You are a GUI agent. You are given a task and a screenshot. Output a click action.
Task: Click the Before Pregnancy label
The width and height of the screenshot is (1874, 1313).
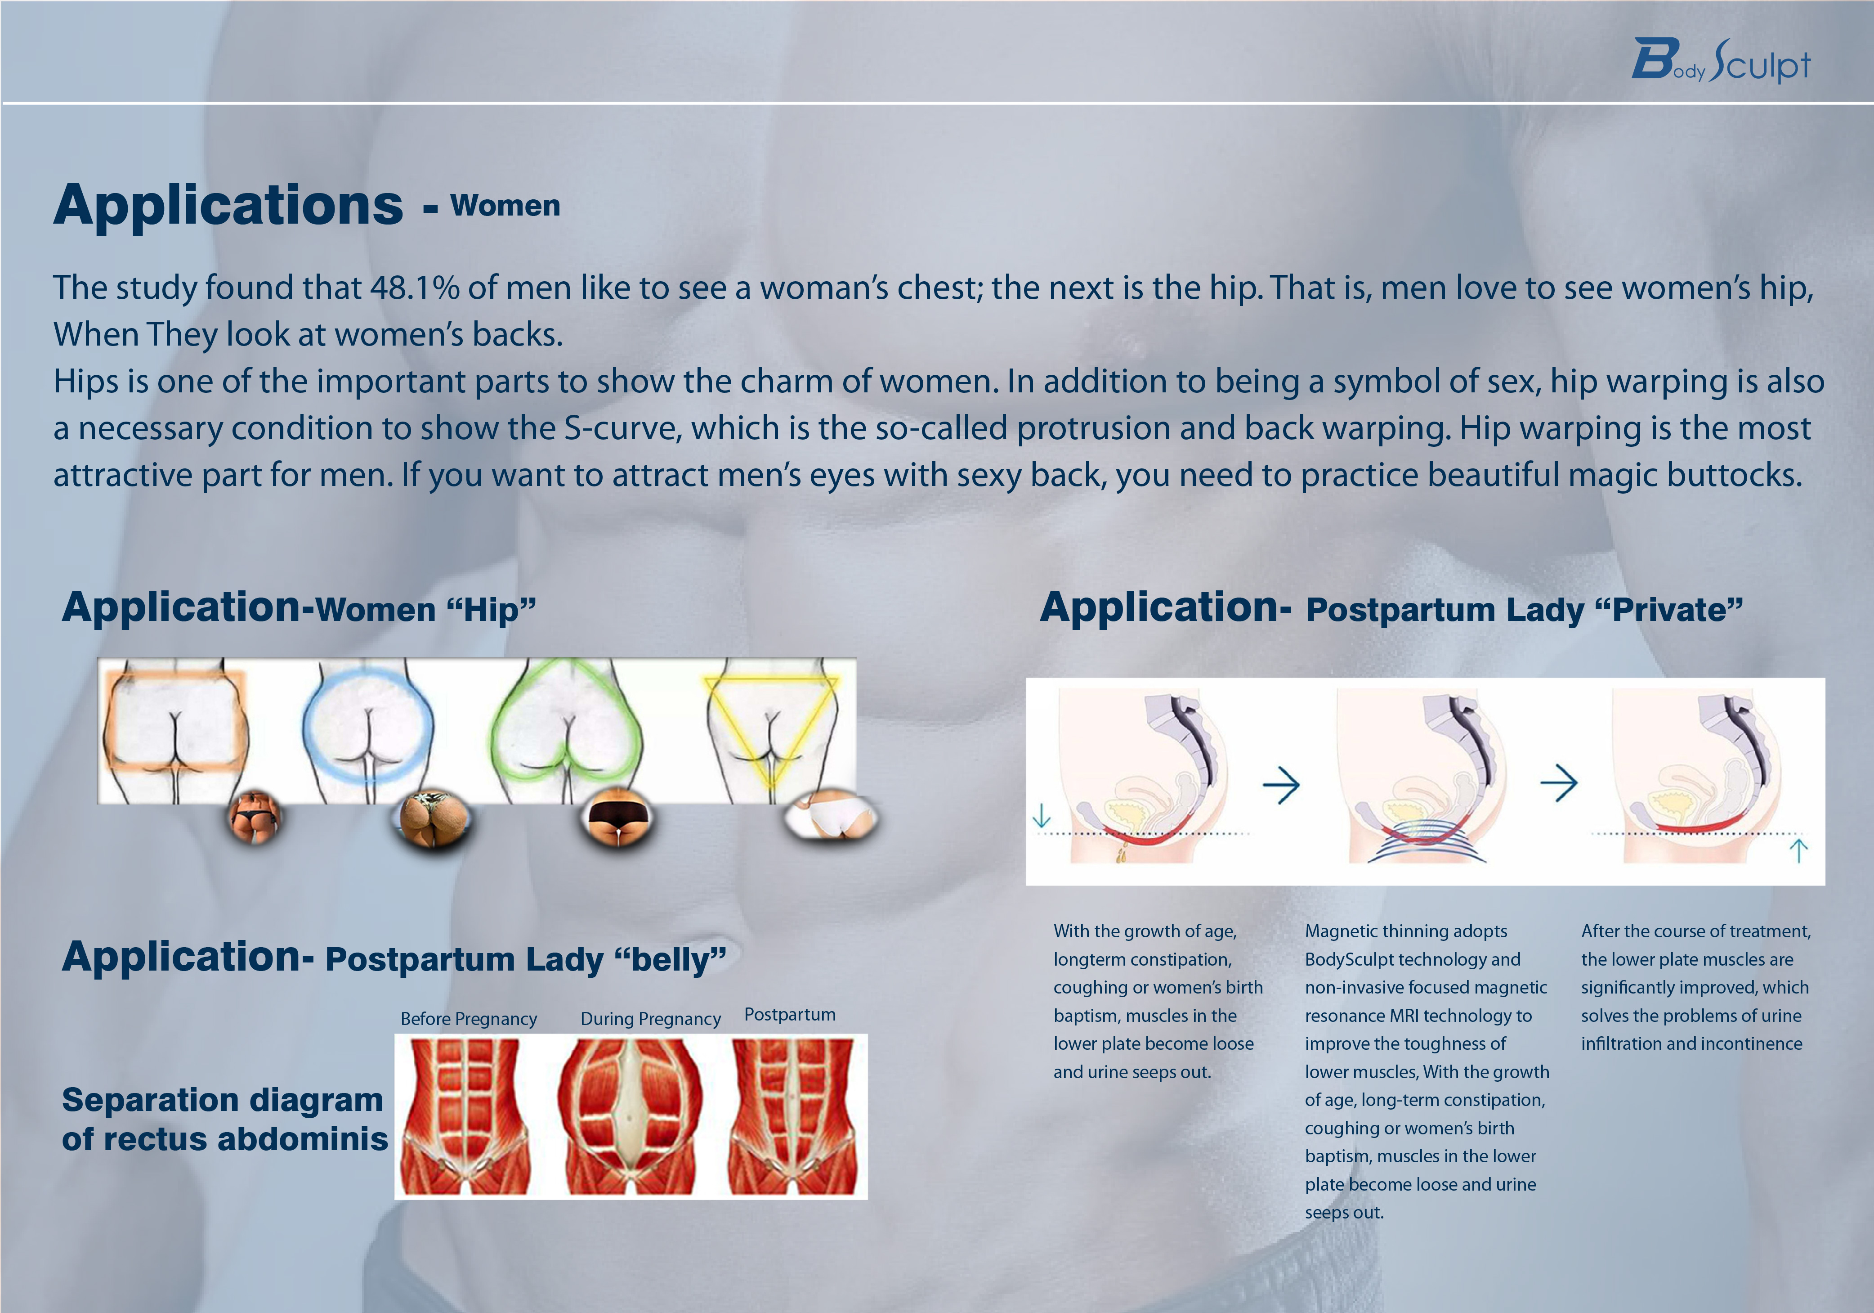coord(469,1019)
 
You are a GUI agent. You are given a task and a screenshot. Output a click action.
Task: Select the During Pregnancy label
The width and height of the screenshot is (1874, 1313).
coord(650,1019)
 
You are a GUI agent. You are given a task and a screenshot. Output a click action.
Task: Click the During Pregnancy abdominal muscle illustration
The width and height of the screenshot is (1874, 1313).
coord(630,1116)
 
